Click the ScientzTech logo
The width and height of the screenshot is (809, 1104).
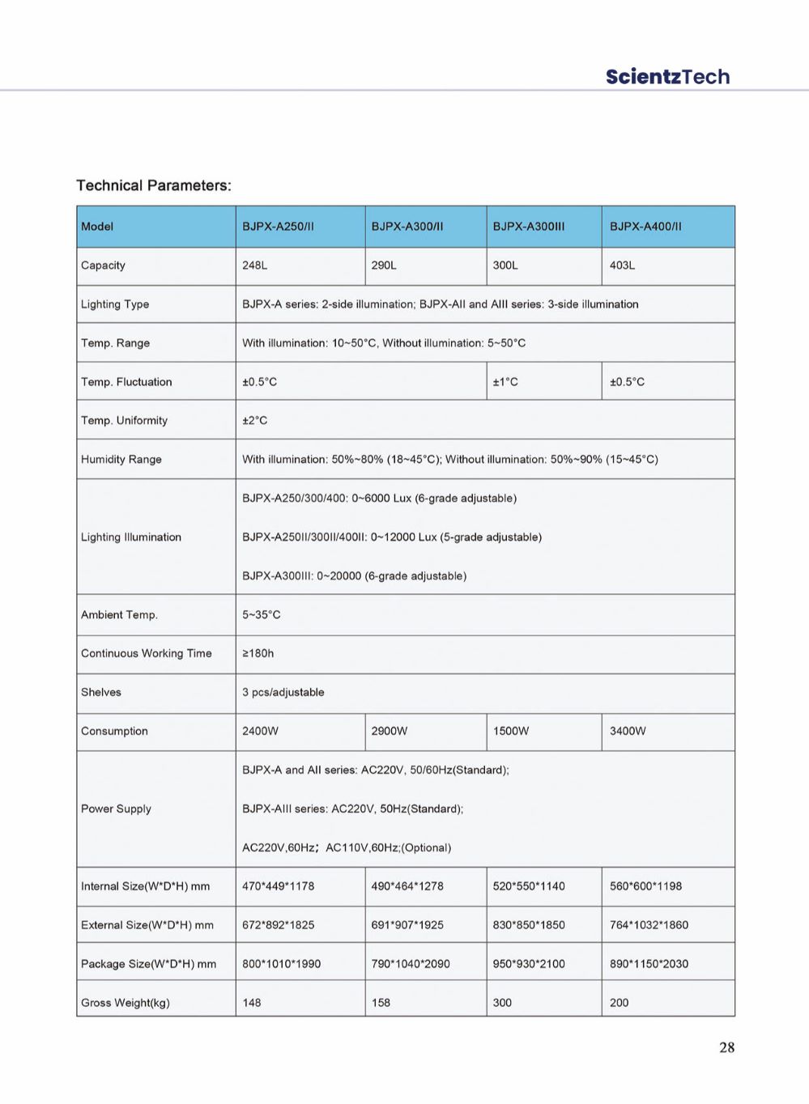point(667,77)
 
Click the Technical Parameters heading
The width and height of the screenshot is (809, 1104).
point(154,185)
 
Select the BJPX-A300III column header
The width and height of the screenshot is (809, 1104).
point(529,227)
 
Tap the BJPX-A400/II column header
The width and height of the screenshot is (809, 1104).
point(645,227)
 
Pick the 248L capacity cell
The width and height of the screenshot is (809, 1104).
point(255,265)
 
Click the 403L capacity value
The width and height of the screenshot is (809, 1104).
point(622,265)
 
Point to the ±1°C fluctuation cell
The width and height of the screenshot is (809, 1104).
point(505,382)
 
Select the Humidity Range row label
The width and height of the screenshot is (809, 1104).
point(121,460)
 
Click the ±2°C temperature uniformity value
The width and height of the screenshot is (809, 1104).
point(255,421)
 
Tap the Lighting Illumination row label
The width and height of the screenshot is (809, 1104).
point(131,537)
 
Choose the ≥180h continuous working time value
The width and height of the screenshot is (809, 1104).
point(258,654)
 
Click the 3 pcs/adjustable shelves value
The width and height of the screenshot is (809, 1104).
point(283,693)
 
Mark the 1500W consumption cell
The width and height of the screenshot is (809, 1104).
point(511,732)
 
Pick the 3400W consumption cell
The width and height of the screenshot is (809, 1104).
point(628,732)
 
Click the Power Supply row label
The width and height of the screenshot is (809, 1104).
point(116,809)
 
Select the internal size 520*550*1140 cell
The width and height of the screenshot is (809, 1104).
point(529,886)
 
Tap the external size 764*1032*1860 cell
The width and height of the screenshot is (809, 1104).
point(649,925)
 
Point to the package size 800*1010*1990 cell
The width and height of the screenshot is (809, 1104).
point(281,964)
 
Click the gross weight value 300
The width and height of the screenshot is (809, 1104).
point(502,1003)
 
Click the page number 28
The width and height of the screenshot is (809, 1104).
point(726,1047)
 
